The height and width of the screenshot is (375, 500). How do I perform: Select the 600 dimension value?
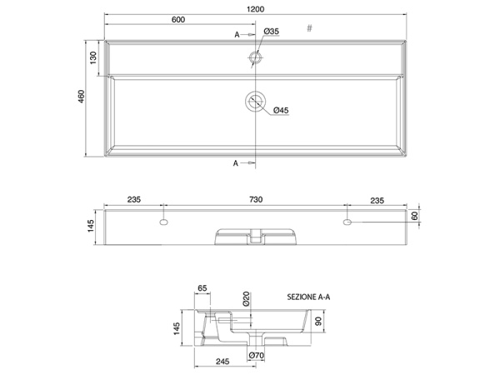coord(178,21)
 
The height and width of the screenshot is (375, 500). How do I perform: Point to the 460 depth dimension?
coord(81,97)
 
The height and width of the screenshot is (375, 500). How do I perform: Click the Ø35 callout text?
coord(271,32)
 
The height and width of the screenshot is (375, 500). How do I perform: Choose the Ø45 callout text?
coord(280,111)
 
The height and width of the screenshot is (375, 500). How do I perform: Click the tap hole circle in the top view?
coord(254,58)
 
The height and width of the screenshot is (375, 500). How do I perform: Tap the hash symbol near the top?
coord(309,28)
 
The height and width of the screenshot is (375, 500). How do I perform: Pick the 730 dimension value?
coord(256,200)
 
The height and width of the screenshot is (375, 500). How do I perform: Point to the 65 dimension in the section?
coord(202,288)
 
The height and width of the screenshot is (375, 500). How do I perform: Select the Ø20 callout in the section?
coord(247,299)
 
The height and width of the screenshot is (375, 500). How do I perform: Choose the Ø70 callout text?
coord(257,357)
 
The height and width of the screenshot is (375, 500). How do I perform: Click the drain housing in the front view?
coord(255,237)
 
